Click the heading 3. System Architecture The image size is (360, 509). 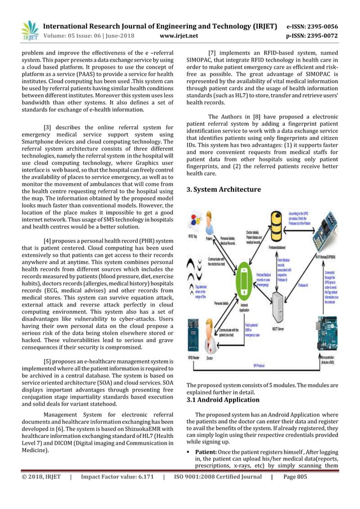(223, 190)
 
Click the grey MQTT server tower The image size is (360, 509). (283, 307)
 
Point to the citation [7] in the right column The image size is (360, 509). (213, 55)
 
